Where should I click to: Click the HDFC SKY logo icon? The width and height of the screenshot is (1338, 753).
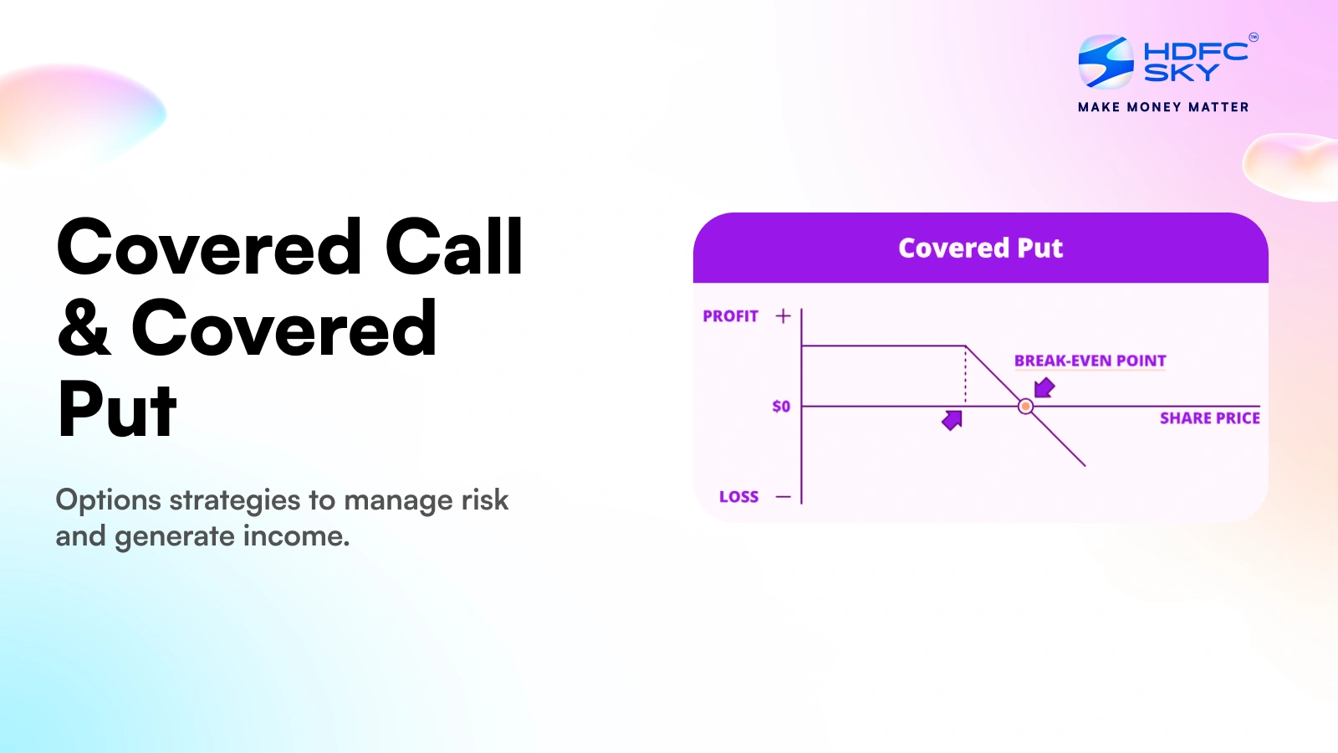click(1106, 62)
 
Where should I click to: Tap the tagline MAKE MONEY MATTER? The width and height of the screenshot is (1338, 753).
click(1163, 107)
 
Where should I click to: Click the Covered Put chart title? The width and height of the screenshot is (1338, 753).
click(980, 248)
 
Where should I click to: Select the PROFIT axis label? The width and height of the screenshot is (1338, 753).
click(730, 316)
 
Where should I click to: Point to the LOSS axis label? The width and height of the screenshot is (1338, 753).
click(738, 497)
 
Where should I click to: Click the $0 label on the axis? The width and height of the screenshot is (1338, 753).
click(781, 407)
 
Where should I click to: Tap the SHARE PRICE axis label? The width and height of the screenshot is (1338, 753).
click(1209, 418)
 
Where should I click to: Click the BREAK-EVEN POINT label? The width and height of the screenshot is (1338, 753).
click(1090, 361)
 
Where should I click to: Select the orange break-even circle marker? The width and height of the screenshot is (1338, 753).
click(1025, 407)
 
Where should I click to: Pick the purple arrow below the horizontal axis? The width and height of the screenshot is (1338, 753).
click(952, 420)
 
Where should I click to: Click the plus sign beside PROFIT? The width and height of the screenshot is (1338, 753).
click(783, 316)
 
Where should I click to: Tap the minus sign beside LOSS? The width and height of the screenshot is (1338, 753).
click(783, 497)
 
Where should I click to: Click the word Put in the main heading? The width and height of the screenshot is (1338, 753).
click(117, 410)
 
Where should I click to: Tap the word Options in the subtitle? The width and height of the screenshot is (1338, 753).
click(108, 500)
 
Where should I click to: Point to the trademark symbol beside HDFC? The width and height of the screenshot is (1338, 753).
click(1253, 38)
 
